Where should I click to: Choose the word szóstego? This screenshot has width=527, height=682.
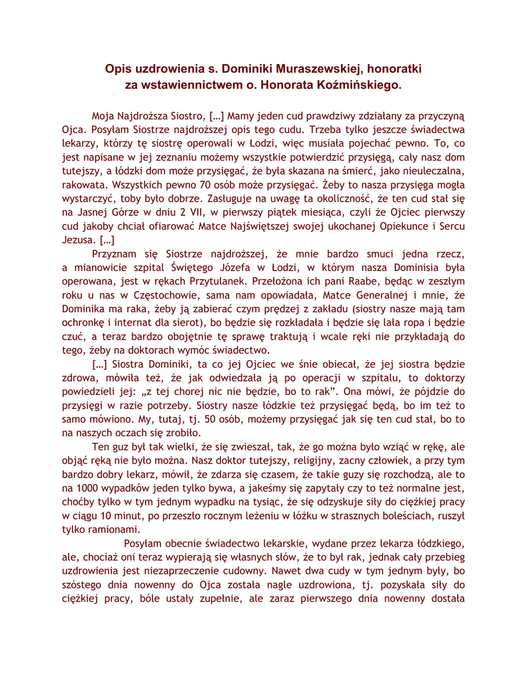coord(82,587)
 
